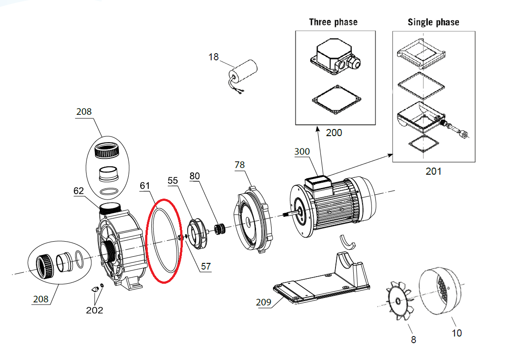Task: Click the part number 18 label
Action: [x=213, y=57]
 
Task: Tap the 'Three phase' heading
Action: [x=333, y=22]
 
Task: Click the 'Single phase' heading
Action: [x=434, y=22]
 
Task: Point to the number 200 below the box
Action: [x=334, y=133]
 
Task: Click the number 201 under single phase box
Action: [x=434, y=171]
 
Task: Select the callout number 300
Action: [x=302, y=152]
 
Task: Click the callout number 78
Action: [x=240, y=165]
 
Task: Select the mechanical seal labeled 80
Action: [x=220, y=229]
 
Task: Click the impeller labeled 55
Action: [x=197, y=234]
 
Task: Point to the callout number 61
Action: [x=145, y=185]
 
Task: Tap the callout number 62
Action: [x=79, y=191]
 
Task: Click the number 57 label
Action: [x=206, y=266]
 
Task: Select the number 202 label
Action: [x=95, y=310]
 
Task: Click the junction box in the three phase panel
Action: [x=335, y=56]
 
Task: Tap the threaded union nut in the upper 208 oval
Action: [x=107, y=150]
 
